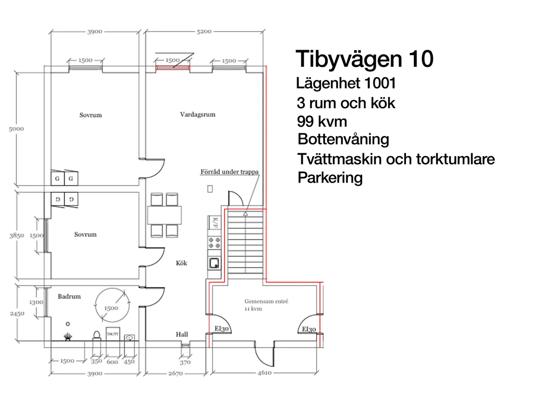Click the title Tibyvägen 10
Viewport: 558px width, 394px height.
[365, 59]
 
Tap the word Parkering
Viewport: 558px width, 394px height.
[330, 177]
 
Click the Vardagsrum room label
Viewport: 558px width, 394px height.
[198, 114]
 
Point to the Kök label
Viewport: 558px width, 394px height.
[181, 263]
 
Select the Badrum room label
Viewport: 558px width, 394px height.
[69, 296]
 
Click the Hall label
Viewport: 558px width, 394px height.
[182, 334]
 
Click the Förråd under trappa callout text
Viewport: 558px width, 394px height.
[229, 171]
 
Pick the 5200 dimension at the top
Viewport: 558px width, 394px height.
[204, 32]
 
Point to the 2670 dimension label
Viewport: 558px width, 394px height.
[175, 373]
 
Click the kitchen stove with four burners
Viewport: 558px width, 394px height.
[215, 242]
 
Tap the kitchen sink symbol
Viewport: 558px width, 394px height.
[214, 263]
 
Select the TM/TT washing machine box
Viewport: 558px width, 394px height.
[112, 334]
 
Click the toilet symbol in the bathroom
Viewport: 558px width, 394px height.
[97, 335]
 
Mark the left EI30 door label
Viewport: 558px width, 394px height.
[220, 329]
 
